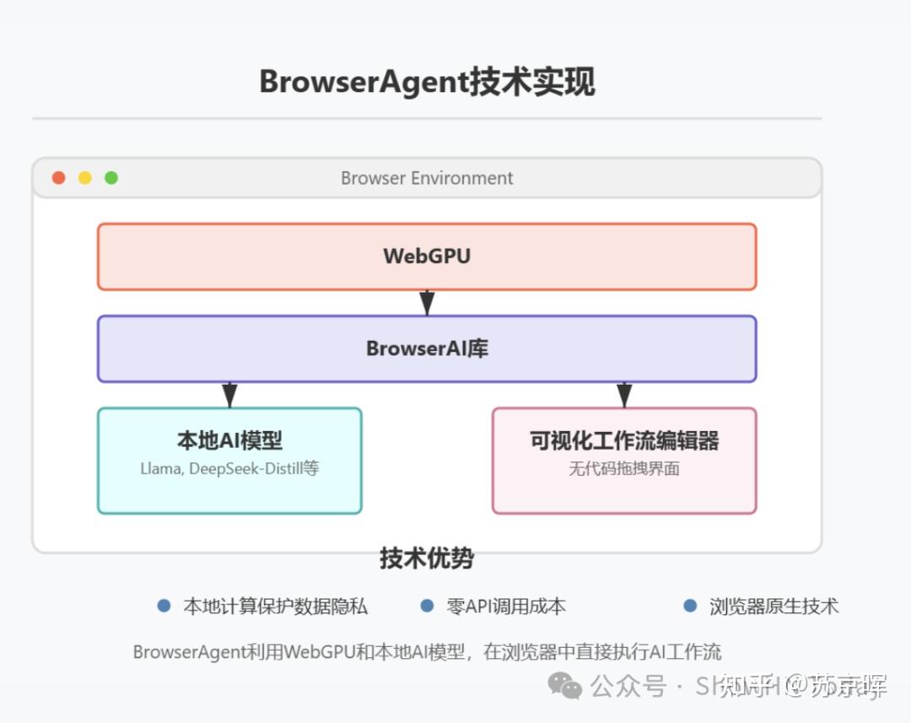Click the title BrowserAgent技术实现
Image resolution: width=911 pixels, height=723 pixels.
pyautogui.click(x=427, y=83)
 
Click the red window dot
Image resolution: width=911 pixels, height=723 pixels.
pyautogui.click(x=58, y=178)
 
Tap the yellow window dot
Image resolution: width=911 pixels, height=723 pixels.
pyautogui.click(x=85, y=178)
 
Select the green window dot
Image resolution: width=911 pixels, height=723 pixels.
pyautogui.click(x=111, y=178)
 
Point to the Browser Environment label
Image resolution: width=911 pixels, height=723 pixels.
pyautogui.click(x=427, y=178)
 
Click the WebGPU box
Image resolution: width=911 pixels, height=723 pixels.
pyautogui.click(x=427, y=256)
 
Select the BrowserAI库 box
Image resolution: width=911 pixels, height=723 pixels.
pyautogui.click(x=427, y=348)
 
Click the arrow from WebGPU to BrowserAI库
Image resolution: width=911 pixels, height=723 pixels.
pyautogui.click(x=428, y=303)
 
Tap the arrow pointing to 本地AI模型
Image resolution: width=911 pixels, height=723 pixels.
pyautogui.click(x=229, y=395)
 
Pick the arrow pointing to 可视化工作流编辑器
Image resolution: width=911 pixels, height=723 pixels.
pyautogui.click(x=624, y=395)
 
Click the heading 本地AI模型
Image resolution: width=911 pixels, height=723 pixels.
pyautogui.click(x=229, y=440)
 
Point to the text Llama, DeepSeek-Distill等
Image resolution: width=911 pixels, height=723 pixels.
pyautogui.click(x=229, y=468)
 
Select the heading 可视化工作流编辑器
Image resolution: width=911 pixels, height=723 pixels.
pyautogui.click(x=624, y=440)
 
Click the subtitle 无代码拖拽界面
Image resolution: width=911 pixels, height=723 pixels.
pyautogui.click(x=624, y=468)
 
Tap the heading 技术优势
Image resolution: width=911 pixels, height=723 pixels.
pyautogui.click(x=427, y=558)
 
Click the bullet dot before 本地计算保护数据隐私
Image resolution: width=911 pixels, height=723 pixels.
pyautogui.click(x=164, y=606)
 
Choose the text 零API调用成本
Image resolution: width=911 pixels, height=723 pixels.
pyautogui.click(x=505, y=606)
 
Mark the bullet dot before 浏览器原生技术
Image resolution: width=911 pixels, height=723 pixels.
pyautogui.click(x=690, y=606)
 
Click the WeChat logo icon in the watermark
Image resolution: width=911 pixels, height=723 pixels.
pyautogui.click(x=564, y=685)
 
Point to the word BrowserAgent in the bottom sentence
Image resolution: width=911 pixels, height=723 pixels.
pyautogui.click(x=188, y=652)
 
